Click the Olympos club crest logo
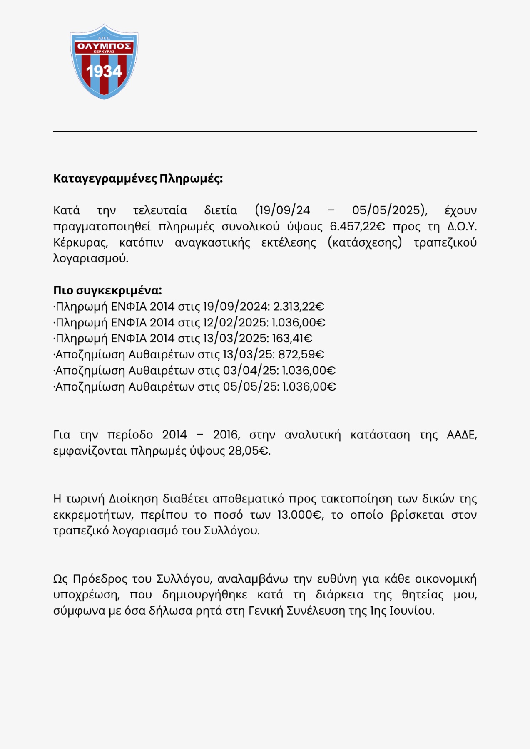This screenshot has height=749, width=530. coord(104,61)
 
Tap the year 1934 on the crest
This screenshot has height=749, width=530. coord(104,72)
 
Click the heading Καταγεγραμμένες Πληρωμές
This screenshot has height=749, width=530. coord(138,178)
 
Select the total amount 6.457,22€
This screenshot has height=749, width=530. coord(357,227)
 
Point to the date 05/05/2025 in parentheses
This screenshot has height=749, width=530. coord(388,210)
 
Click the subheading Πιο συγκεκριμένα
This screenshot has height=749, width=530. coord(107,290)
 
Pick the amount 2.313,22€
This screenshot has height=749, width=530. coord(299,307)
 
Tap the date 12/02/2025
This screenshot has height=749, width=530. coord(235,323)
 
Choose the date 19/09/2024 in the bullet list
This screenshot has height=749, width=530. coord(235,307)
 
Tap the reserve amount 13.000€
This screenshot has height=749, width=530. coord(300,515)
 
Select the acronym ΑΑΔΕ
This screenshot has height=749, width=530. coord(461,435)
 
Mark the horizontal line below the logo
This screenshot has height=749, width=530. coord(265,131)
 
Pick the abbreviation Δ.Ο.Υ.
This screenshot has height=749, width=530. coord(462,227)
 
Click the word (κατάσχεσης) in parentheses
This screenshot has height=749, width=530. coord(365,242)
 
